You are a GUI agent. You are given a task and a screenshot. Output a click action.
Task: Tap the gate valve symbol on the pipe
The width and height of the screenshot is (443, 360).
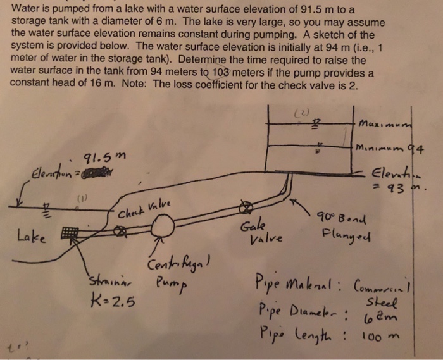[244, 208]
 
